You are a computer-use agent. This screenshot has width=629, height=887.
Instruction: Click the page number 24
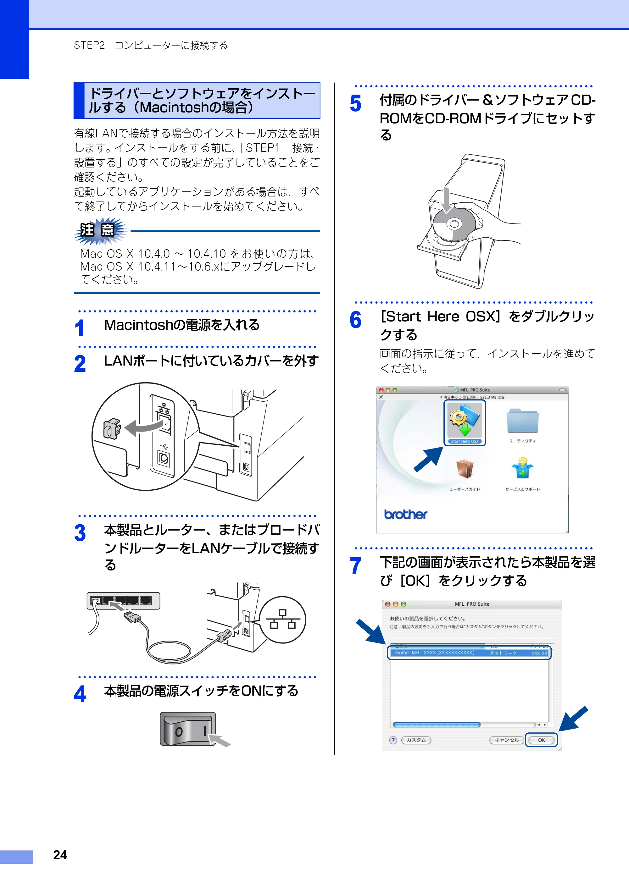coord(60,855)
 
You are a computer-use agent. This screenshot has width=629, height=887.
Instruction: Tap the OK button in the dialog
coord(541,740)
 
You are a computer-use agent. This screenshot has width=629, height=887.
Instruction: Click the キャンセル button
coord(507,740)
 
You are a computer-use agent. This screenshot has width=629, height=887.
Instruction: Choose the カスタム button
coord(416,740)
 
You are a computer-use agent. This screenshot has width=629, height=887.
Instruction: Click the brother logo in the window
coord(405,514)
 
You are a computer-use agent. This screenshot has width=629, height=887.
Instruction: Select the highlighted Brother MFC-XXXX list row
coord(469,653)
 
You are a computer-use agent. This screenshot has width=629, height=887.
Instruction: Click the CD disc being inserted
coord(454,224)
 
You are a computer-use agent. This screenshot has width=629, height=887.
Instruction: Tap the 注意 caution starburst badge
coord(100,231)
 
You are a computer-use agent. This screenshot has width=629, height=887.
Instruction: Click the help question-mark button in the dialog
coord(393,740)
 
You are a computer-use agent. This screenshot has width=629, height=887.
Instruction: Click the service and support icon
coord(522,468)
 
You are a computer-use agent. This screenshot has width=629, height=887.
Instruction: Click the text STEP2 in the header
coord(89,45)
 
